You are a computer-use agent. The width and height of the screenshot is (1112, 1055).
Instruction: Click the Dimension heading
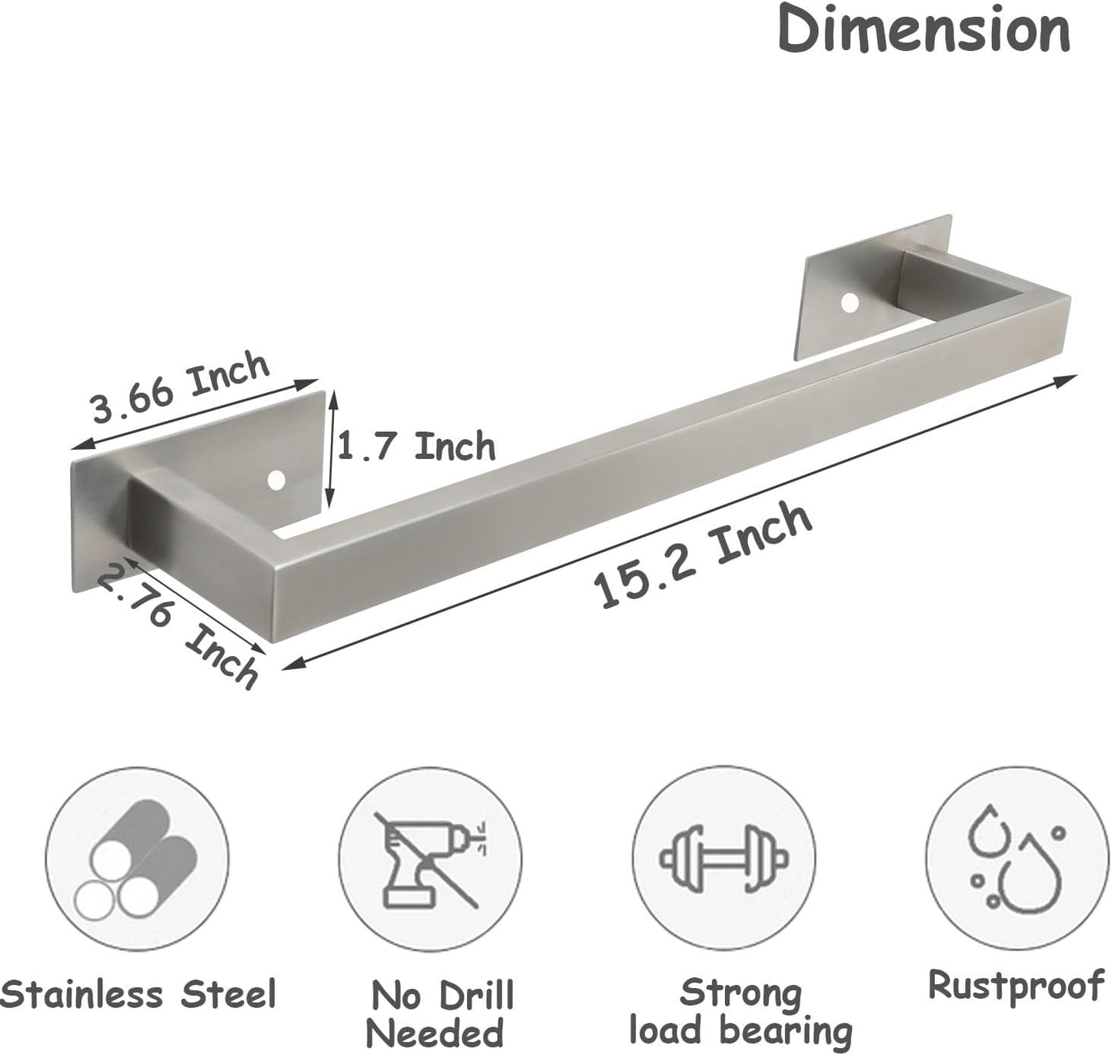pos(923,31)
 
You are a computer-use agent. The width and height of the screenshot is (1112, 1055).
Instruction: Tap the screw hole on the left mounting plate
pos(275,481)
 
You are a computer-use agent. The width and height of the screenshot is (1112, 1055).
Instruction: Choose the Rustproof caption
pos(1016,986)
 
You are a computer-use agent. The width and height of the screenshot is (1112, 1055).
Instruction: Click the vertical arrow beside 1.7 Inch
pos(332,447)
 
